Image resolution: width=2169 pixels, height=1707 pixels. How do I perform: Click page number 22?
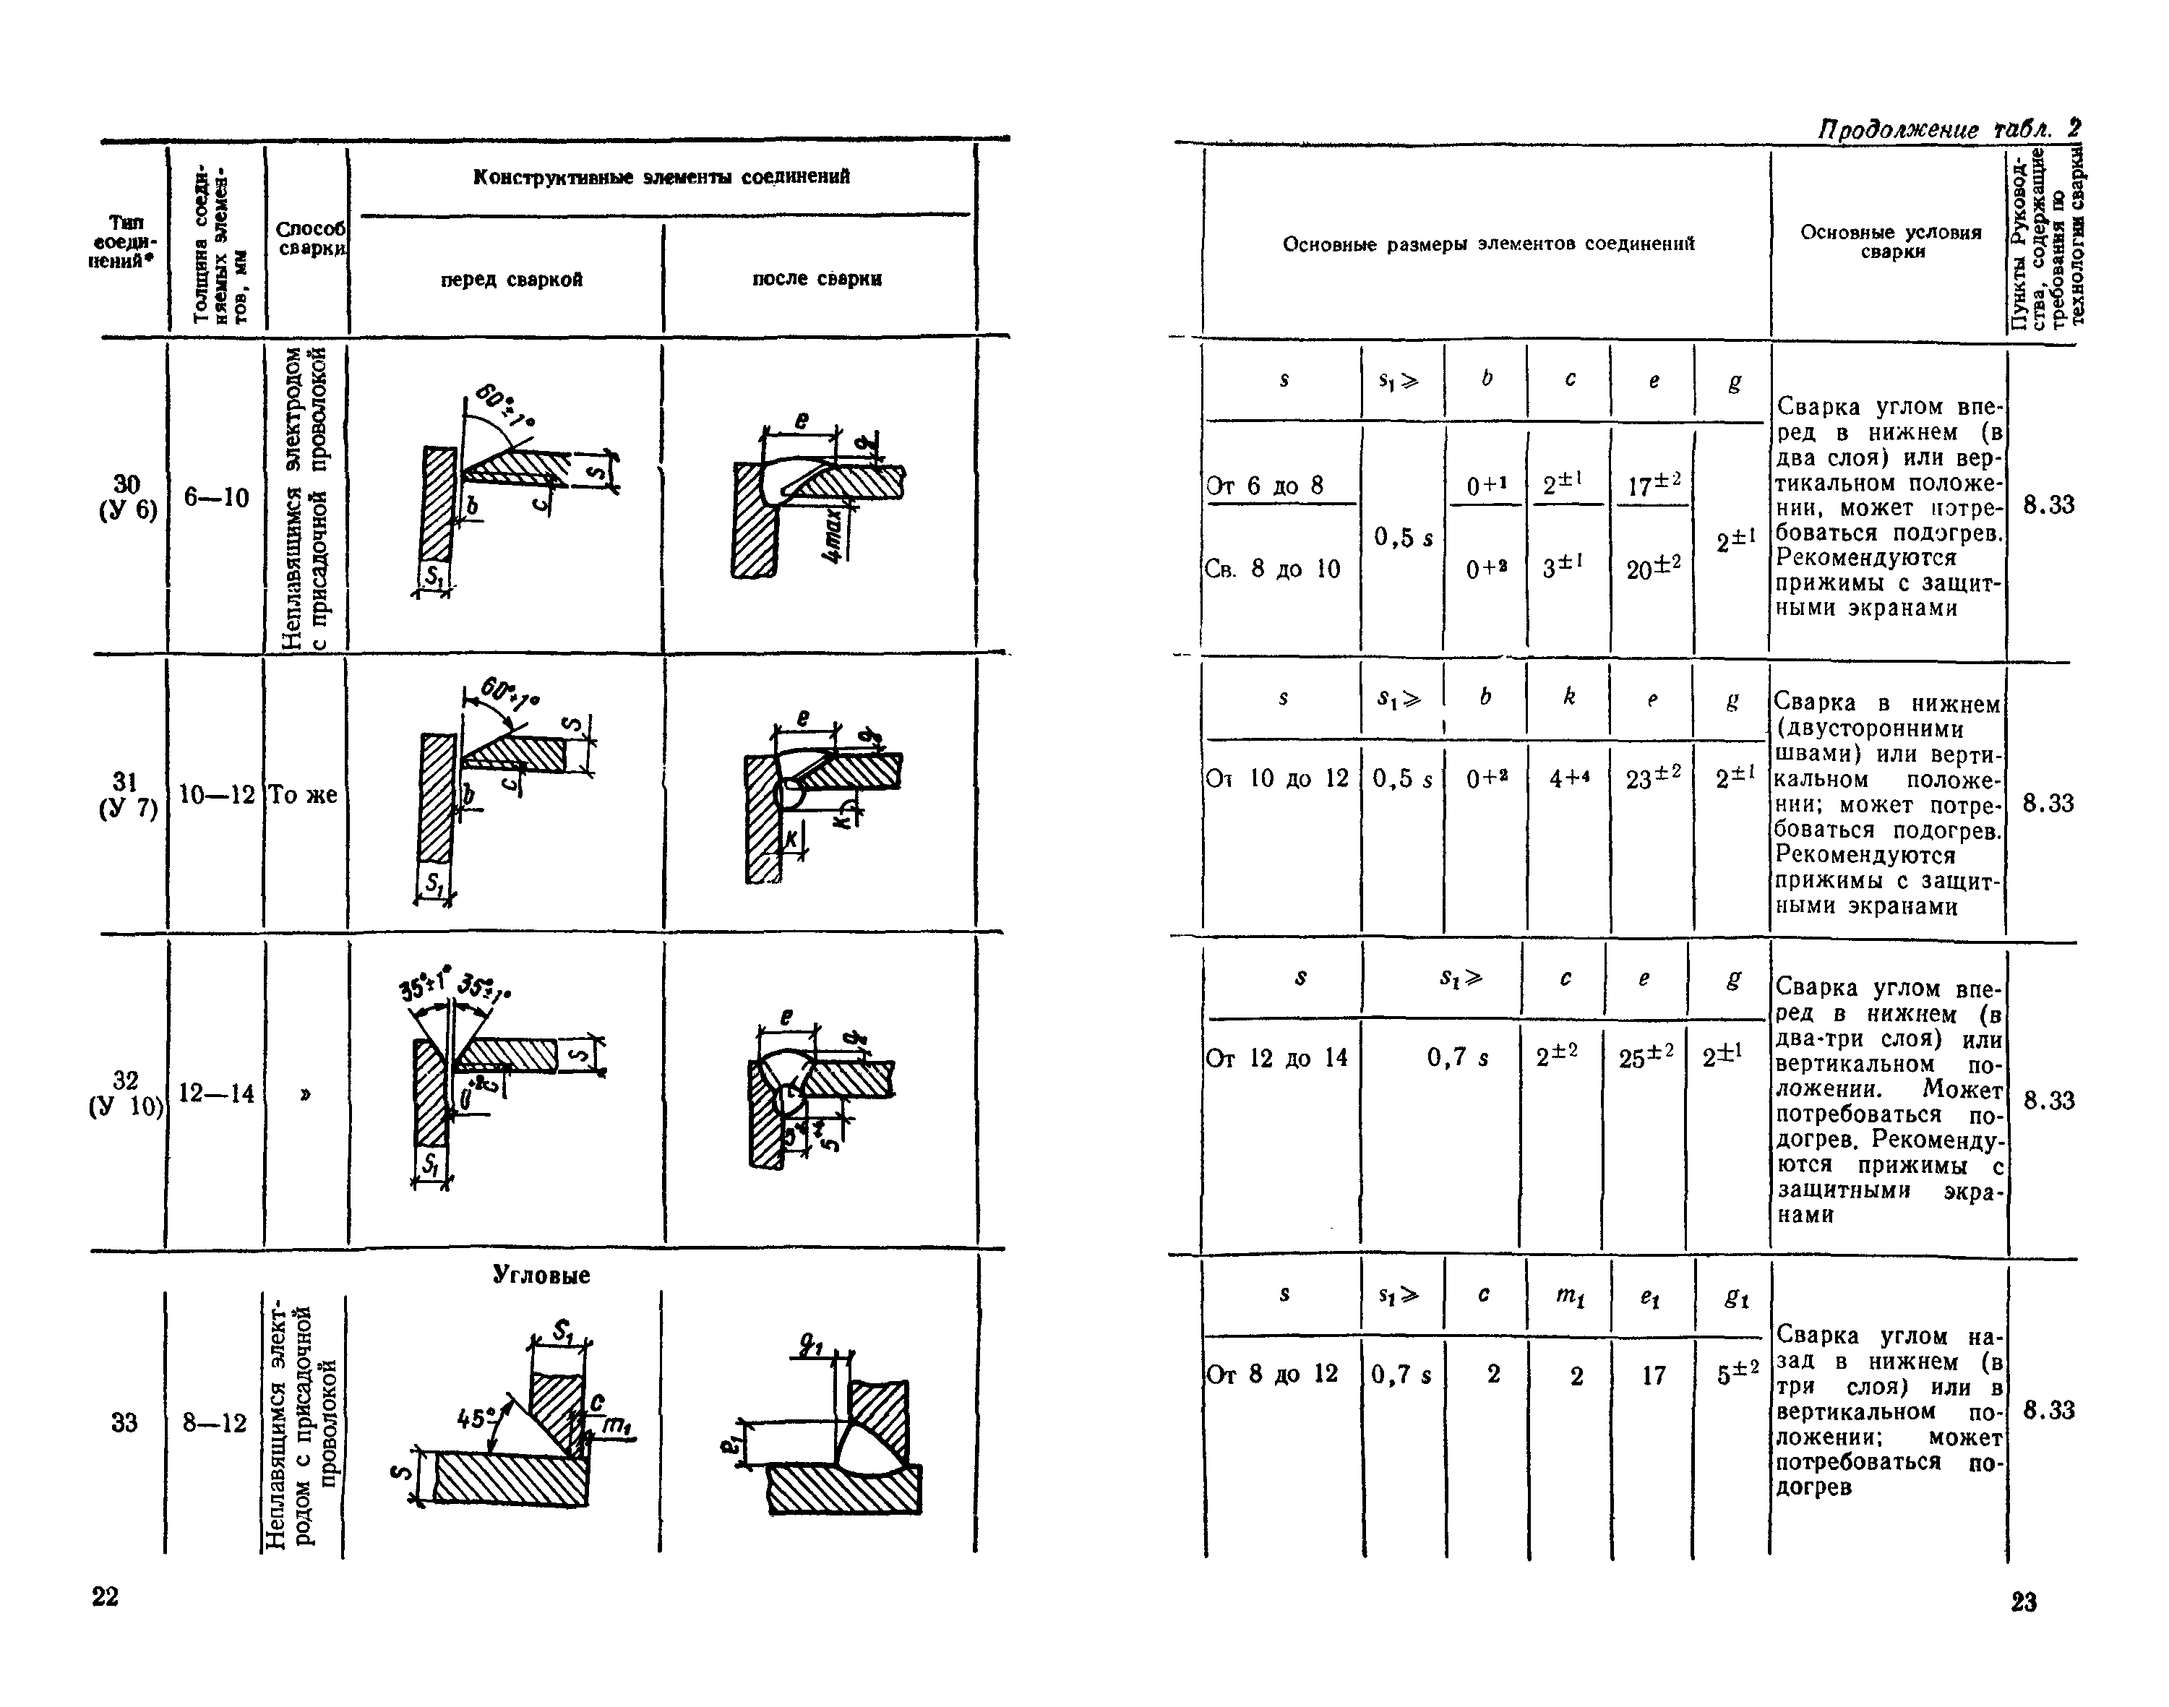[x=105, y=1596]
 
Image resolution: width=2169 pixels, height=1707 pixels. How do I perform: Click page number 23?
[x=2024, y=1602]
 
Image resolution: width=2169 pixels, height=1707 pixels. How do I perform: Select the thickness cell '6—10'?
[x=216, y=496]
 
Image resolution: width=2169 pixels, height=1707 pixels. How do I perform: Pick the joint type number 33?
[x=124, y=1422]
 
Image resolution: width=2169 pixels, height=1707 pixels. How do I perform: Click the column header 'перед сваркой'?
[x=512, y=280]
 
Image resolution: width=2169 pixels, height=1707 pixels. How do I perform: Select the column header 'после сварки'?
[x=817, y=279]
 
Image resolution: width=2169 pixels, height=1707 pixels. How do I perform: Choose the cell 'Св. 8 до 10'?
[x=1271, y=569]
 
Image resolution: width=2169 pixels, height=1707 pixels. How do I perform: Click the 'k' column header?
[x=1568, y=697]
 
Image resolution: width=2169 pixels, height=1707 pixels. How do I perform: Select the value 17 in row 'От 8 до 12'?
[x=1654, y=1376]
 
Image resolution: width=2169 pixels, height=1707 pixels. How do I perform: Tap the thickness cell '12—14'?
[x=216, y=1093]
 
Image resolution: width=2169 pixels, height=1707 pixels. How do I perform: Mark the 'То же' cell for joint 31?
[x=304, y=796]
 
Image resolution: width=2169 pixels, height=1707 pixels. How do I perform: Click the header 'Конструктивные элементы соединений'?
[x=662, y=177]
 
